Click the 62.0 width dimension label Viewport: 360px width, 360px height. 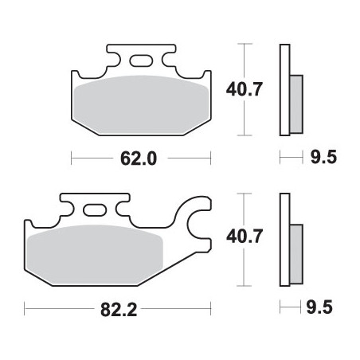tap(139, 158)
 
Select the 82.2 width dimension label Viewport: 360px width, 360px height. tap(119, 310)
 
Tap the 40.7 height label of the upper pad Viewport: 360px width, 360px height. tap(245, 89)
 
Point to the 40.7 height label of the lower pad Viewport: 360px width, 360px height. tap(245, 237)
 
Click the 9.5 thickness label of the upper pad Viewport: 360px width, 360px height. tap(323, 157)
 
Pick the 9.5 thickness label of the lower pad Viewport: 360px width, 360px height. tap(319, 307)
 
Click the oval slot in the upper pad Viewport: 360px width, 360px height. tap(141, 61)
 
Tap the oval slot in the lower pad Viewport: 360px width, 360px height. tap(95, 210)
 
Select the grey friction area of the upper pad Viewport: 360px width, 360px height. tap(141, 104)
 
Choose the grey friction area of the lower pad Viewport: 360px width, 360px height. tap(95, 254)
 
